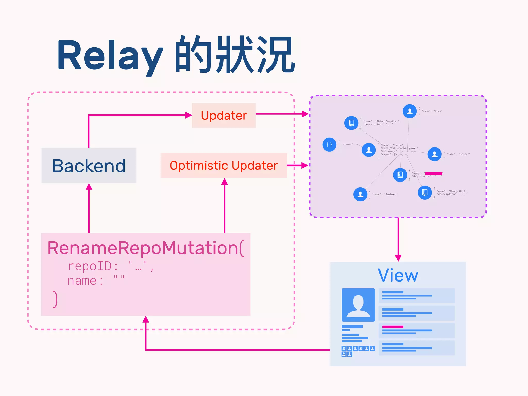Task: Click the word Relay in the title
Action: [110, 55]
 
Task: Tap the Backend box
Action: [89, 166]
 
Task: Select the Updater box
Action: [224, 115]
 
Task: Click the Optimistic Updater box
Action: [224, 166]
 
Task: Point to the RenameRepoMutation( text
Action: [146, 248]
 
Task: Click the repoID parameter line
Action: [111, 266]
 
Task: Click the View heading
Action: [398, 275]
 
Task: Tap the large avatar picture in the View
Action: [358, 305]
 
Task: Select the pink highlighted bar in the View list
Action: [393, 327]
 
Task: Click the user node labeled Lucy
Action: [409, 111]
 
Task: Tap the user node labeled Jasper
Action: [434, 154]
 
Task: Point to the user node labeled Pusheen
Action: [360, 194]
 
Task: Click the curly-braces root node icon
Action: [329, 144]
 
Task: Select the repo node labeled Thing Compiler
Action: [351, 123]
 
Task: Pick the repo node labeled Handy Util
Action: [425, 192]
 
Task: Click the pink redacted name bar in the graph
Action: [433, 174]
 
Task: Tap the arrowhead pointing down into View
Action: [398, 258]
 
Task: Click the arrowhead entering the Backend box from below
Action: [89, 187]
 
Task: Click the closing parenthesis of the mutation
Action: [55, 299]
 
